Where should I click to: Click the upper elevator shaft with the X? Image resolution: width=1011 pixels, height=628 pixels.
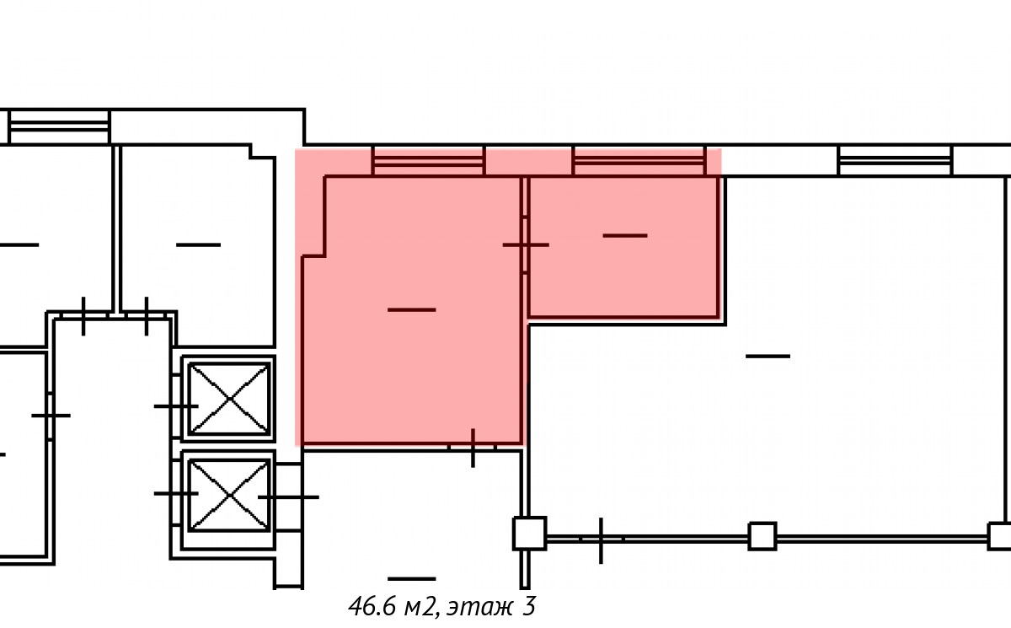(x=229, y=399)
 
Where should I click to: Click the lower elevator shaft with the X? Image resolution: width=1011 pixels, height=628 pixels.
(x=229, y=496)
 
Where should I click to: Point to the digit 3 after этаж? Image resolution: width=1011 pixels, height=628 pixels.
(x=529, y=606)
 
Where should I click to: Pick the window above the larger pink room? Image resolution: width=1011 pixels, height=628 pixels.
(x=428, y=161)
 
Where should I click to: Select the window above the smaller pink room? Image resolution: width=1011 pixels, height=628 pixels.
(x=639, y=161)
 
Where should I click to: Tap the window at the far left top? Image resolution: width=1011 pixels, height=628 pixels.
(x=59, y=126)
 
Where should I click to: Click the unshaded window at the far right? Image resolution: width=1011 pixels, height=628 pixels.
(x=895, y=160)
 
